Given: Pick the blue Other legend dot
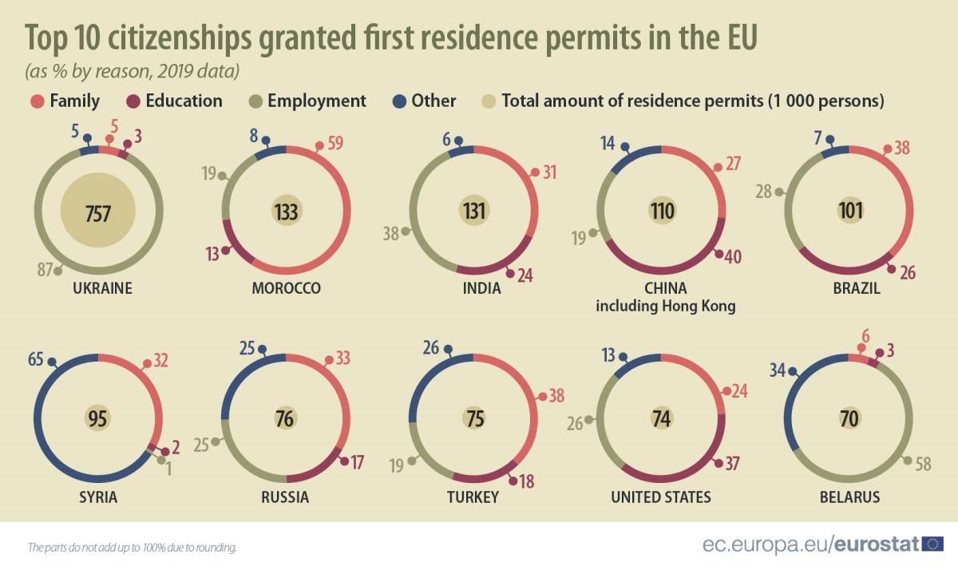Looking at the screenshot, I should [399, 101].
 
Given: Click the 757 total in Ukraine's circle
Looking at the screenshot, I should [98, 213].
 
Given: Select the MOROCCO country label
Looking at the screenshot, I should [286, 288].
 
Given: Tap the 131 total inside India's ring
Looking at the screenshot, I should [474, 211].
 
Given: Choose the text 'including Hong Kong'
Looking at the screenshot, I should [665, 306].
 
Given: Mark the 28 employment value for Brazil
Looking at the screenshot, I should [765, 192].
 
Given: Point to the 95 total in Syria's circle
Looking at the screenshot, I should [98, 419].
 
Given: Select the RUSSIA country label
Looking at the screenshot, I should [285, 497].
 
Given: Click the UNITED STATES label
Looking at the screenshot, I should [660, 497].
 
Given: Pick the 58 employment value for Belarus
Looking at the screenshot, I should [924, 463].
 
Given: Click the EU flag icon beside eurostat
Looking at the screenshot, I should [932, 544].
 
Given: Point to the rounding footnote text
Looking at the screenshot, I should [132, 548].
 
